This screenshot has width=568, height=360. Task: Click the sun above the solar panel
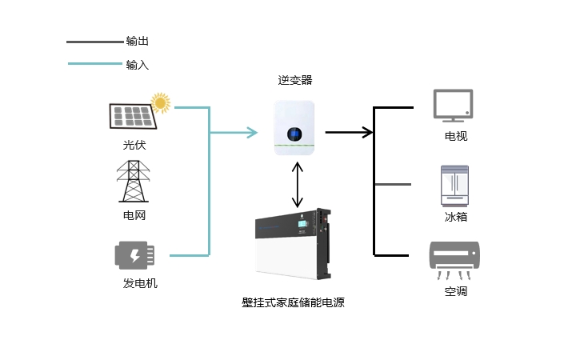[161, 103]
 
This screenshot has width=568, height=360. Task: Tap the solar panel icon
[133, 116]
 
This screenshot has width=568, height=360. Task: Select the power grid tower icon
[134, 181]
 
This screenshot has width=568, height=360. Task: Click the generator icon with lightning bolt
[134, 255]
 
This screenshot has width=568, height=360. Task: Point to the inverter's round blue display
[294, 134]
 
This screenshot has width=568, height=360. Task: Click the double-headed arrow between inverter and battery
[298, 184]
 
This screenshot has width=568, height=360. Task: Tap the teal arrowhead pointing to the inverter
[252, 133]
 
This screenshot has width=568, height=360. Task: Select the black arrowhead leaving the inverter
[368, 132]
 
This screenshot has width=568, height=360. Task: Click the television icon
[453, 105]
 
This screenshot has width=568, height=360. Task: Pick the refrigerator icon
[454, 186]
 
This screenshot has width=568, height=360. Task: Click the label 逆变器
[295, 80]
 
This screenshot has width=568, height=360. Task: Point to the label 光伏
[134, 145]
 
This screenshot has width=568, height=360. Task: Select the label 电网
[134, 215]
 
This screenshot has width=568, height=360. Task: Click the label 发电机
[140, 283]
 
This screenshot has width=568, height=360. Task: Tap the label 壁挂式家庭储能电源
[293, 302]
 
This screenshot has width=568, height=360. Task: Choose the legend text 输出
[138, 41]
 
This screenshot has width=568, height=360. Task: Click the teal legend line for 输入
[95, 64]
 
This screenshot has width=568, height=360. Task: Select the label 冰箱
[456, 217]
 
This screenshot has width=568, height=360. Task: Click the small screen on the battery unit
[303, 224]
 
